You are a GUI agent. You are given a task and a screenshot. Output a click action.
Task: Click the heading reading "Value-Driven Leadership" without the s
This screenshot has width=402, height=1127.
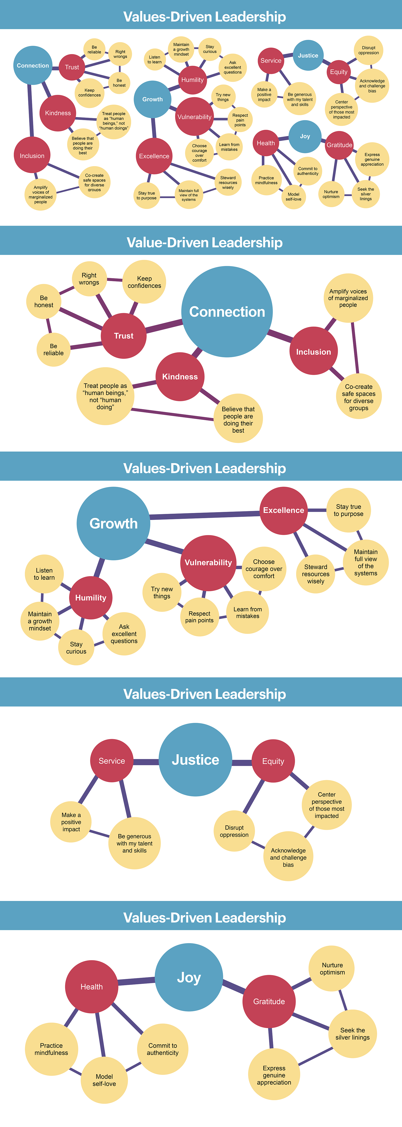pyautogui.click(x=204, y=242)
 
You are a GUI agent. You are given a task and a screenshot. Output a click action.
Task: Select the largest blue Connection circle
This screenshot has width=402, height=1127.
pyautogui.click(x=227, y=312)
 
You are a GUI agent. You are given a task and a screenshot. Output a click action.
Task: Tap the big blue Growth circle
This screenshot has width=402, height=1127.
pyautogui.click(x=113, y=523)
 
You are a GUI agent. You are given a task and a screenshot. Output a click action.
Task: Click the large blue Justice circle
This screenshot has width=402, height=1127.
pyautogui.click(x=195, y=760)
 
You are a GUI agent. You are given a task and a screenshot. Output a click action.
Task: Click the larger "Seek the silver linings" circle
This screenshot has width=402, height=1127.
pyautogui.click(x=353, y=1033)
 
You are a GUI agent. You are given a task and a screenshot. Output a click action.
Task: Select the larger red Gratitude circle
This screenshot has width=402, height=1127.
pyautogui.click(x=269, y=1001)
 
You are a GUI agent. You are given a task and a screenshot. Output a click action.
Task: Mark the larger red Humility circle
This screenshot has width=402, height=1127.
pyautogui.click(x=91, y=598)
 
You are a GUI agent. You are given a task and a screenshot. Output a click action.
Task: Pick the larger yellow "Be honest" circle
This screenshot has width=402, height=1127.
pyautogui.click(x=44, y=301)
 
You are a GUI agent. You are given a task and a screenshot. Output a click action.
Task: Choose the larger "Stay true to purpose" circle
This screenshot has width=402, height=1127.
pyautogui.click(x=349, y=510)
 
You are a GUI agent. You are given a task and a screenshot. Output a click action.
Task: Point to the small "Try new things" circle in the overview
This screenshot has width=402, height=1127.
pyautogui.click(x=223, y=97)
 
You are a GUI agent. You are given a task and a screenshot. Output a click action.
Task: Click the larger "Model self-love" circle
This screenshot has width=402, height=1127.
pyautogui.click(x=104, y=1080)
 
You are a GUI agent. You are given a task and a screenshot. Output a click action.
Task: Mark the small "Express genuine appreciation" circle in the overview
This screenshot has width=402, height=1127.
pyautogui.click(x=372, y=159)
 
